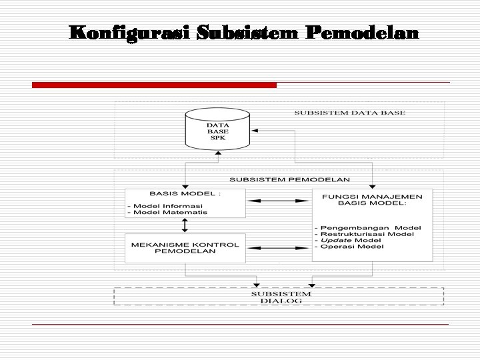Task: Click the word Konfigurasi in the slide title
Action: [129, 33]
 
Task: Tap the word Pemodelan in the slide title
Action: [363, 33]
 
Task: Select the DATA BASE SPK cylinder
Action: [217, 131]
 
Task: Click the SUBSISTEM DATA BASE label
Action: [349, 113]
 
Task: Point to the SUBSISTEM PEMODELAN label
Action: [290, 180]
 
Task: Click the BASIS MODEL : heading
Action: [185, 194]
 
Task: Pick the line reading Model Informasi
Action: [168, 205]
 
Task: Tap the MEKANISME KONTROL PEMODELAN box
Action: [185, 248]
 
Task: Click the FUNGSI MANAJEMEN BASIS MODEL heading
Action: [372, 200]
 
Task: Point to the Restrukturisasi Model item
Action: [367, 234]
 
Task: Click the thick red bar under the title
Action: [154, 85]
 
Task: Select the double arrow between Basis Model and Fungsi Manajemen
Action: [279, 201]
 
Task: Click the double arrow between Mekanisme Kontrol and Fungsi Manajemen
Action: [279, 248]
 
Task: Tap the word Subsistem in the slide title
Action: [248, 33]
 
